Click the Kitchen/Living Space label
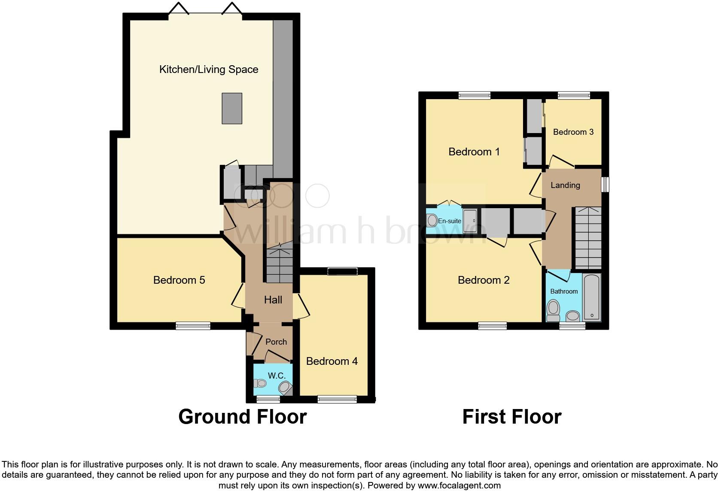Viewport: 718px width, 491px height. (x=209, y=70)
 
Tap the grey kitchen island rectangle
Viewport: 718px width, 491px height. (x=231, y=109)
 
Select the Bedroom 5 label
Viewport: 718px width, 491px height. (x=179, y=280)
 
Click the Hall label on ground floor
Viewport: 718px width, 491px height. (x=273, y=300)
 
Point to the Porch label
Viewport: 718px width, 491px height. (x=276, y=342)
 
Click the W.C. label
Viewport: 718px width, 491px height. (x=277, y=376)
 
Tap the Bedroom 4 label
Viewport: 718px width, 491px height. (x=332, y=361)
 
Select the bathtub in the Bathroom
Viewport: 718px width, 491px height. (x=592, y=297)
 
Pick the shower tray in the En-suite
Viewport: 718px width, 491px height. (x=470, y=221)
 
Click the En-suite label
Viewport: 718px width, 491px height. (x=449, y=221)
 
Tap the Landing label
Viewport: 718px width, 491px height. (x=565, y=185)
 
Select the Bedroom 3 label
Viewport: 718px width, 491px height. (x=573, y=132)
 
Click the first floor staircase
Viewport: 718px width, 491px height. (x=587, y=238)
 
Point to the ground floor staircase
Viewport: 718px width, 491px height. (x=279, y=264)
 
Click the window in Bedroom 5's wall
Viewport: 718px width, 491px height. (x=193, y=326)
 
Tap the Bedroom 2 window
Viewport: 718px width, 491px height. (x=493, y=326)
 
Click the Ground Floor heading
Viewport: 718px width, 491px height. (x=242, y=417)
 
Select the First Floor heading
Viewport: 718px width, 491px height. (x=511, y=417)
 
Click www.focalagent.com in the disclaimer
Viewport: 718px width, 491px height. (x=459, y=486)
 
